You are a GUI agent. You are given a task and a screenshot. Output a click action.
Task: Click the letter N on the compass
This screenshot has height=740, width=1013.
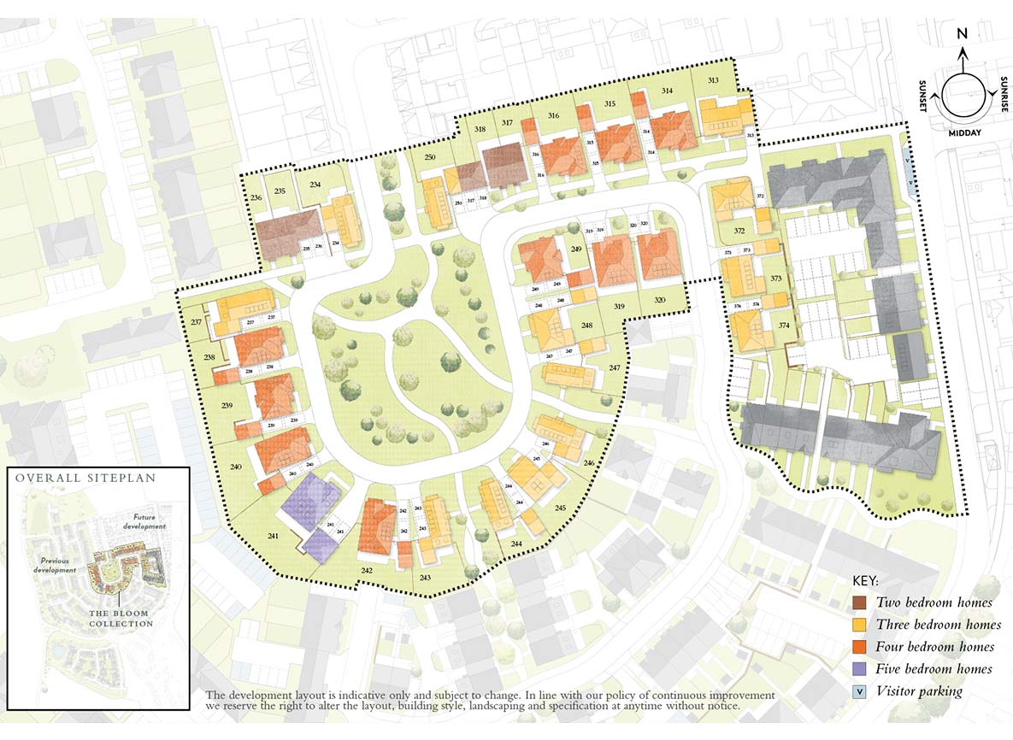[x=962, y=34]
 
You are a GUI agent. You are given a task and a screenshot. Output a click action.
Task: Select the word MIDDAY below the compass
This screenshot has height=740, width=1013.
[x=963, y=133]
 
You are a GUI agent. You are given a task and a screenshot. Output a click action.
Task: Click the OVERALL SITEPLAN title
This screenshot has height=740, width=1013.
[x=85, y=478]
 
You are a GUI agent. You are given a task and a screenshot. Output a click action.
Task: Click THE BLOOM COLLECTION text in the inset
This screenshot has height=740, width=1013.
[x=121, y=619]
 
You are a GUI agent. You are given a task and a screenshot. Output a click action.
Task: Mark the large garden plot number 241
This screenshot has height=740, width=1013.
[x=273, y=536]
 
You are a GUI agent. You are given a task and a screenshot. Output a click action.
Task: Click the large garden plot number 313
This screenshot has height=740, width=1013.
[x=713, y=79]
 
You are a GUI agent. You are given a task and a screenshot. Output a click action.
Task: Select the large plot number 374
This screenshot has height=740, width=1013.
[x=784, y=325]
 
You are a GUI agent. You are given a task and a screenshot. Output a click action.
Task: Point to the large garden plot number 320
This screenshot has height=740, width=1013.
[x=659, y=300]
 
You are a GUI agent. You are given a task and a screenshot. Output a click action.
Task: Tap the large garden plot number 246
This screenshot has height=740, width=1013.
[x=589, y=462]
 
